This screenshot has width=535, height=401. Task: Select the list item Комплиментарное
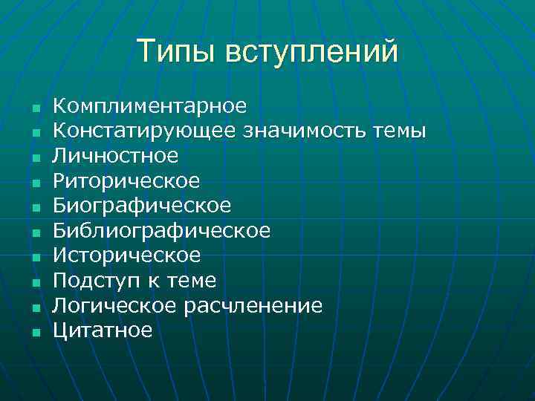click(x=150, y=106)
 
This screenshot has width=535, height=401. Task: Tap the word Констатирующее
click(x=146, y=131)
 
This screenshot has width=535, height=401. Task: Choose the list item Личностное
click(x=116, y=156)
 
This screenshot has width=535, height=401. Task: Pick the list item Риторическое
click(x=127, y=181)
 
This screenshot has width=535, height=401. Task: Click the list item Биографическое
click(x=143, y=206)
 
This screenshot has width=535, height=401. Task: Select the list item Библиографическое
click(x=162, y=231)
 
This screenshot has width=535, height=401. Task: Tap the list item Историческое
click(x=127, y=256)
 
